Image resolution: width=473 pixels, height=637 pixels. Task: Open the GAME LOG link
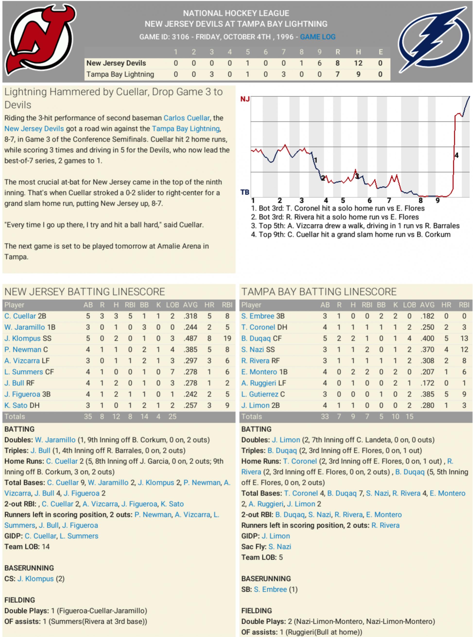coord(318,37)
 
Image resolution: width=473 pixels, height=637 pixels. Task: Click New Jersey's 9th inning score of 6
coord(319,63)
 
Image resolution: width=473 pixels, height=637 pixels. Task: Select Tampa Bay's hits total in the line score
coord(358,74)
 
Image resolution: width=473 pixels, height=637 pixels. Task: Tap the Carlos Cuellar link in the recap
coord(186,118)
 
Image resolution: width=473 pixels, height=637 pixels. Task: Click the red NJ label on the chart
coord(245,99)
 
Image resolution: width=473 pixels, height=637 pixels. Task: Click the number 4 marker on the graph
coord(456,155)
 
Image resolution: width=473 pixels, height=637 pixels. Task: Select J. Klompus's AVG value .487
coord(190,339)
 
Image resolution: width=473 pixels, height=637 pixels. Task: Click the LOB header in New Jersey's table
coord(172,305)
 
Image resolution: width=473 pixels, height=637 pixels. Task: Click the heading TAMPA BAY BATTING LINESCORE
coord(319,292)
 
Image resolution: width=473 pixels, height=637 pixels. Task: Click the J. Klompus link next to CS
coord(35,579)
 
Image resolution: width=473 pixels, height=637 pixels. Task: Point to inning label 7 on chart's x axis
coord(389,201)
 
